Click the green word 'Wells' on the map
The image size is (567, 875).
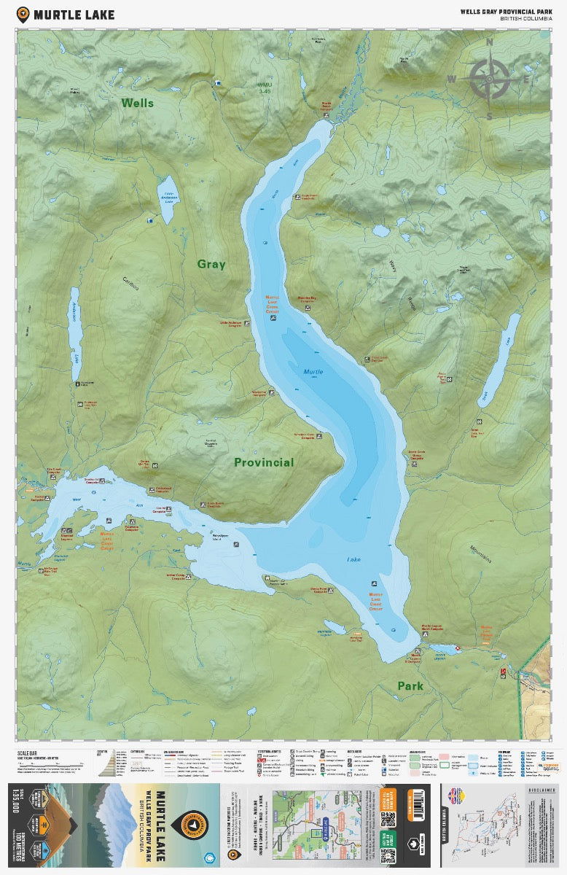click(x=138, y=103)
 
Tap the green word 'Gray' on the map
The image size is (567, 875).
click(x=211, y=264)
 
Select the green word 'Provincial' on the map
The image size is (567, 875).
click(x=264, y=462)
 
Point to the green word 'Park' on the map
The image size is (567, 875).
click(x=410, y=686)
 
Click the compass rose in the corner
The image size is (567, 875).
click(x=489, y=79)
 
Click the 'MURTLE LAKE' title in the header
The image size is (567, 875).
click(x=74, y=14)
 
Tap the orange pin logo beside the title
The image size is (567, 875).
click(x=23, y=14)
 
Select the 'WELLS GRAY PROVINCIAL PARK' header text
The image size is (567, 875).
click(x=504, y=11)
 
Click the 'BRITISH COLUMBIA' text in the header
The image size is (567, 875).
click(x=525, y=19)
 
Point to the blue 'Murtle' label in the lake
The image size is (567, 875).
click(x=313, y=372)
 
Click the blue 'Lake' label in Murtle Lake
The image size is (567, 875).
click(x=353, y=560)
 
